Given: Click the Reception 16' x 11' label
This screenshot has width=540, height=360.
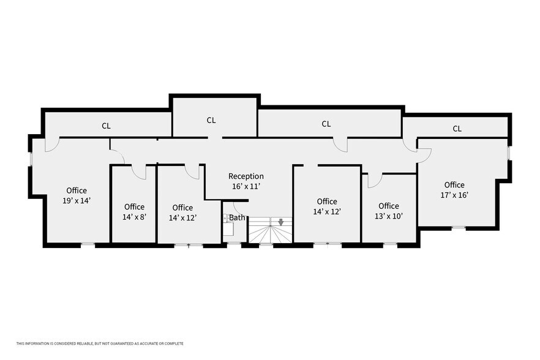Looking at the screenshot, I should pos(246,181).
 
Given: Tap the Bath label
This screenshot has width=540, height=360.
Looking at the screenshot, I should pos(237,217).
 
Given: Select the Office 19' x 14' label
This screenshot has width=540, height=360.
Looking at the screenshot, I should pos(77,195).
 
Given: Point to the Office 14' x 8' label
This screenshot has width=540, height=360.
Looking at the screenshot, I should pos(134,211).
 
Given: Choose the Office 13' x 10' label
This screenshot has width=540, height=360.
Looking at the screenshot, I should pos(388,211).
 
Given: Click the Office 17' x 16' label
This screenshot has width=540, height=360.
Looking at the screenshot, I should pos(454,190).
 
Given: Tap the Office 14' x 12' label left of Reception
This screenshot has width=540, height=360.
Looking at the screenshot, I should pos(182,212).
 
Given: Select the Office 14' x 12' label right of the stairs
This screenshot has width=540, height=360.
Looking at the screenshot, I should pos(327,206).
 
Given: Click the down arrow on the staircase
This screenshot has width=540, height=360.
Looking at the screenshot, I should pos(281,222).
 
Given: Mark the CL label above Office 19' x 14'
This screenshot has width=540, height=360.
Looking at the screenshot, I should pos(106,126).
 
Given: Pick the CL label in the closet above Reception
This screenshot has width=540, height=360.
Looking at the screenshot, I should pos(211,121).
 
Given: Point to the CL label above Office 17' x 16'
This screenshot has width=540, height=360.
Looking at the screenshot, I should pos(457,129).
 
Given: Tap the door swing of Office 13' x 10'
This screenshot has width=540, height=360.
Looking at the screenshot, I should pos(375,181).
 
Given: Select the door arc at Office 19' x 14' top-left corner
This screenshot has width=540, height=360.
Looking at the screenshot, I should pos(52,144).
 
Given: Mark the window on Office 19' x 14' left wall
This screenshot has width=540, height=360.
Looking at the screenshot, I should pos(31,158).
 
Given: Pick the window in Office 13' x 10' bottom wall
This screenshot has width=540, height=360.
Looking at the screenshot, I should pos(390,244).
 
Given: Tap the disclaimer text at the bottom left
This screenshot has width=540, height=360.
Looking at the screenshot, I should pos(100,343).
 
